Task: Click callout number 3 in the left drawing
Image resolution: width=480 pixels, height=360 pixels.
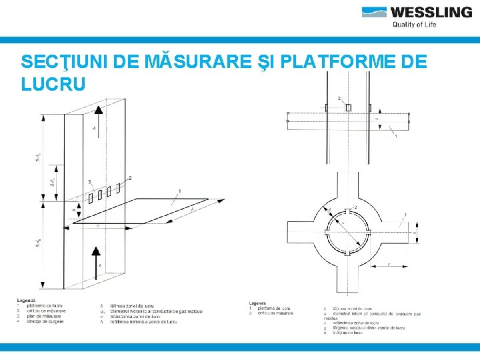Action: click(89, 182)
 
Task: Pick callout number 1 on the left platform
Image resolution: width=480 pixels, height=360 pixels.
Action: click(179, 191)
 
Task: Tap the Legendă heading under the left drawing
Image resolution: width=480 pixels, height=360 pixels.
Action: click(27, 300)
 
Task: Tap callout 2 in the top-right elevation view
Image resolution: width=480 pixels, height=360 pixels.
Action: click(339, 99)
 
